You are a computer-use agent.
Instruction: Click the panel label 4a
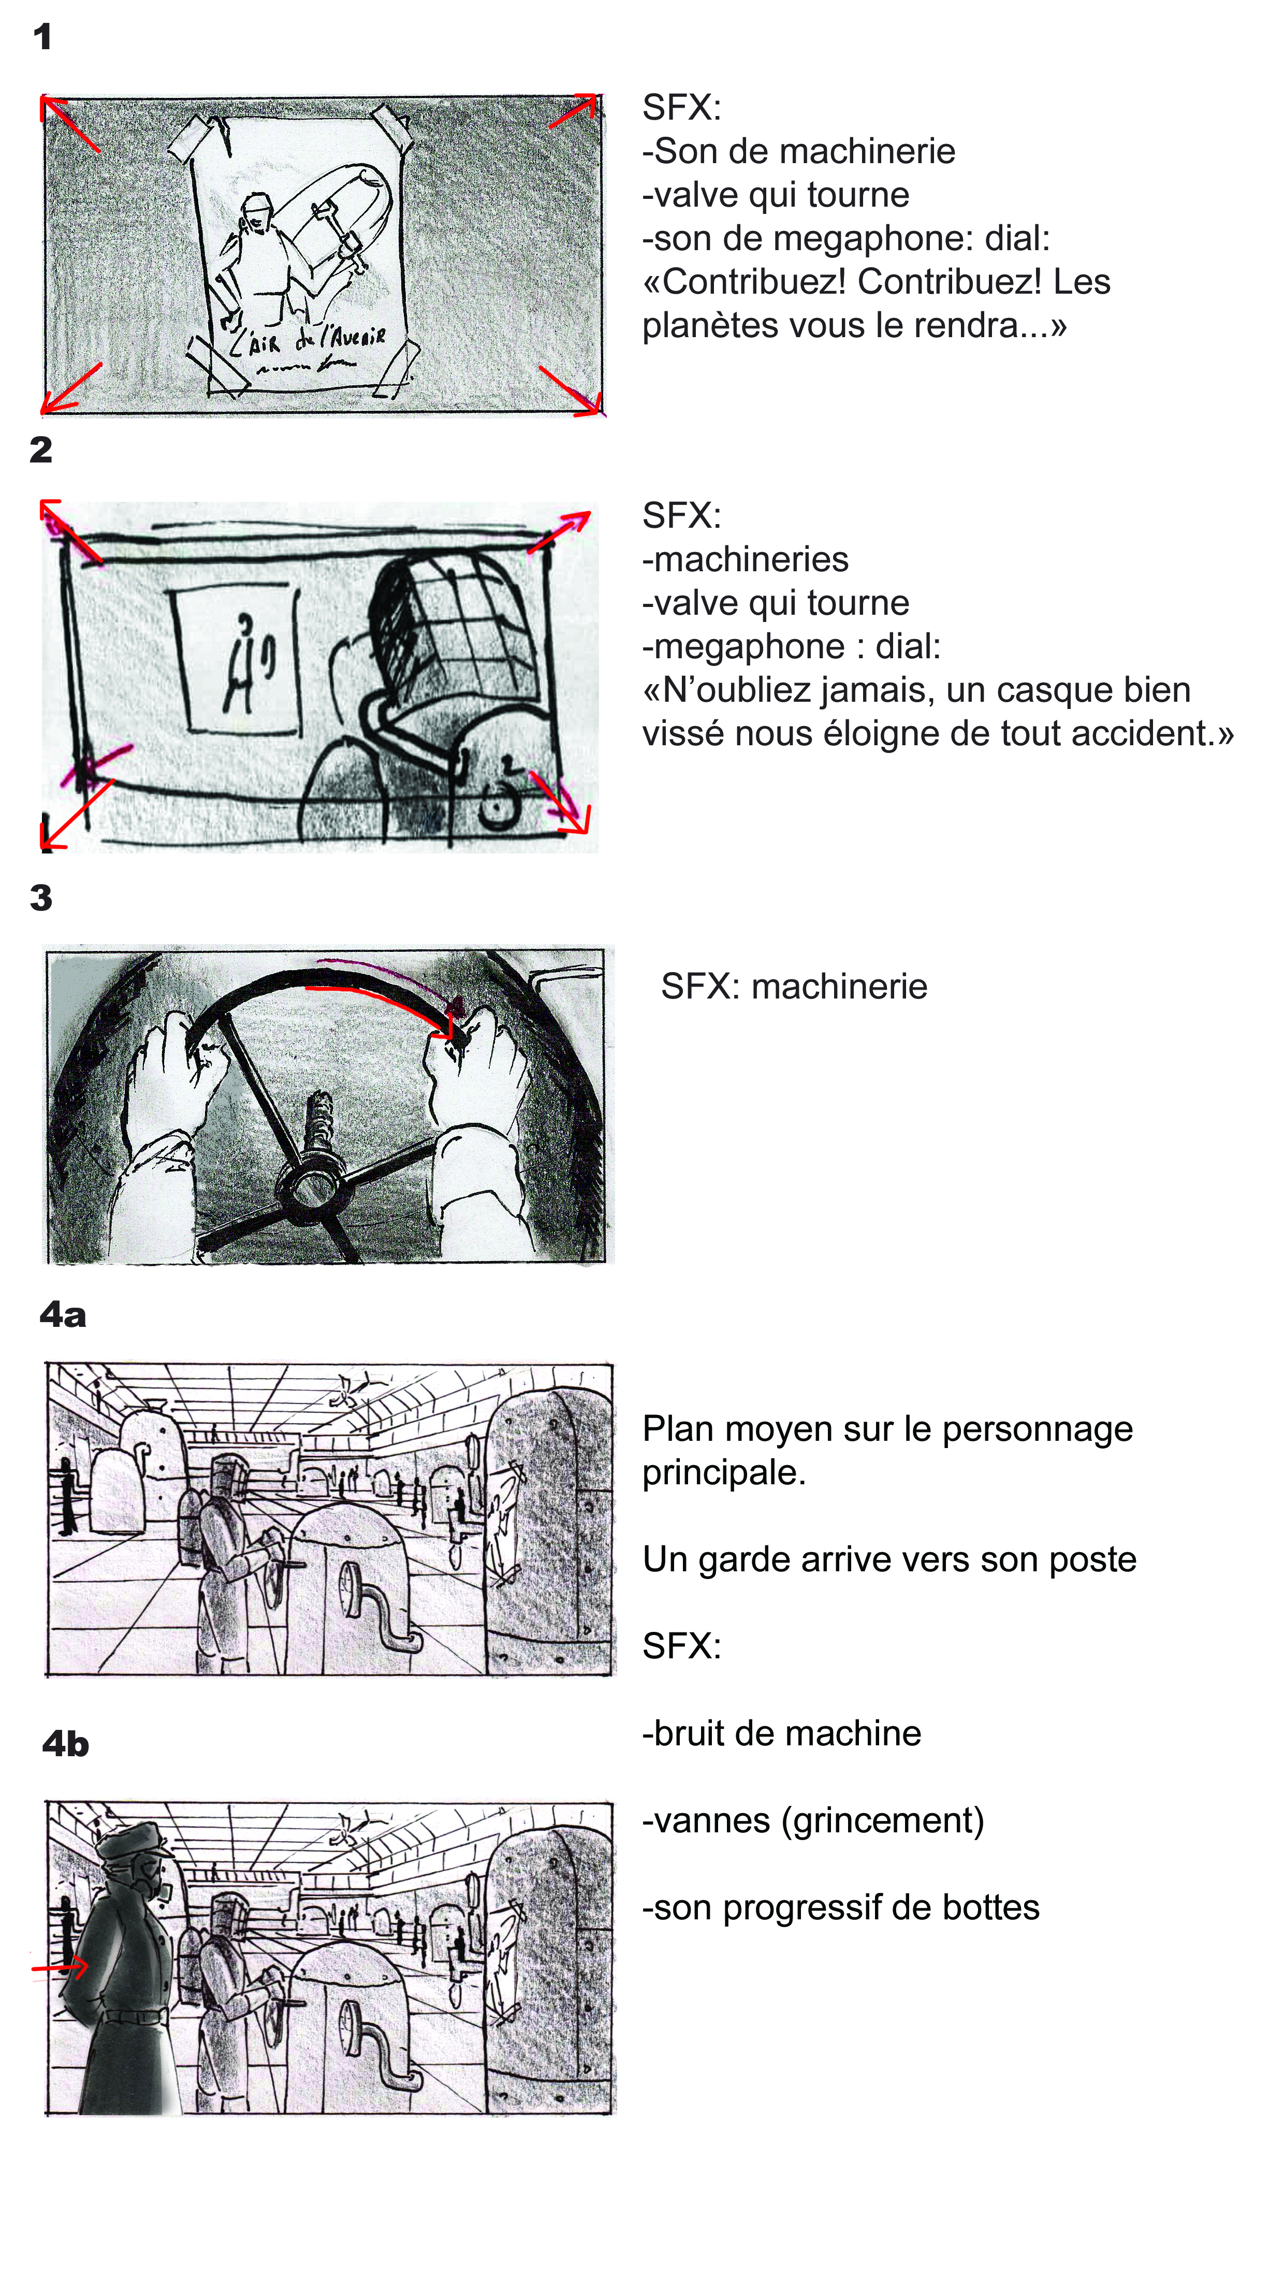(63, 1315)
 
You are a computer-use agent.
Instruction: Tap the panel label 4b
(65, 1744)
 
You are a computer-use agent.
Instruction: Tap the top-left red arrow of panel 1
(69, 123)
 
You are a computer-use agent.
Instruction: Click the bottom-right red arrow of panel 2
(560, 803)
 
